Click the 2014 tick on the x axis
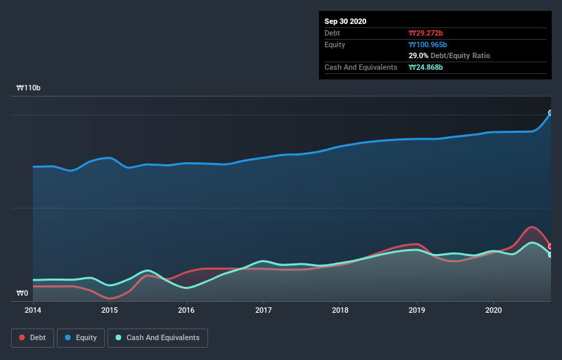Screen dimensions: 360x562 [x=33, y=310]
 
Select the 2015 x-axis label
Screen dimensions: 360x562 [x=110, y=310]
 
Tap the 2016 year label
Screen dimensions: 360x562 [x=186, y=310]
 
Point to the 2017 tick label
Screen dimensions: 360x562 [x=263, y=310]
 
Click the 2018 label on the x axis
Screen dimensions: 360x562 [x=340, y=310]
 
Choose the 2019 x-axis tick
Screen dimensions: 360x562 [x=416, y=310]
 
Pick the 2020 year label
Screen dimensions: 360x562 [x=493, y=310]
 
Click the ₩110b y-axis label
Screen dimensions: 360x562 [x=28, y=88]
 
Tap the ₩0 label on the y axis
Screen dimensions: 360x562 [x=23, y=293]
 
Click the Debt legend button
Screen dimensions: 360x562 [x=33, y=337]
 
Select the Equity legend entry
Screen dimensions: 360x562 [x=81, y=337]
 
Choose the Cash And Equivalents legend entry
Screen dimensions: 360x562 [x=157, y=337]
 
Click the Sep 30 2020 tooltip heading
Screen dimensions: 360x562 [x=346, y=21]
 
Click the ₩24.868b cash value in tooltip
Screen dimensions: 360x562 [x=427, y=67]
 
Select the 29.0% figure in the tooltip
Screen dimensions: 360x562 [x=419, y=55]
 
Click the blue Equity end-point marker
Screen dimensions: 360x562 [x=550, y=113]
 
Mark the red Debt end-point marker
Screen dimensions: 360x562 [x=550, y=246]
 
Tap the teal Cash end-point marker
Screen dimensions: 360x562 [x=550, y=255]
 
